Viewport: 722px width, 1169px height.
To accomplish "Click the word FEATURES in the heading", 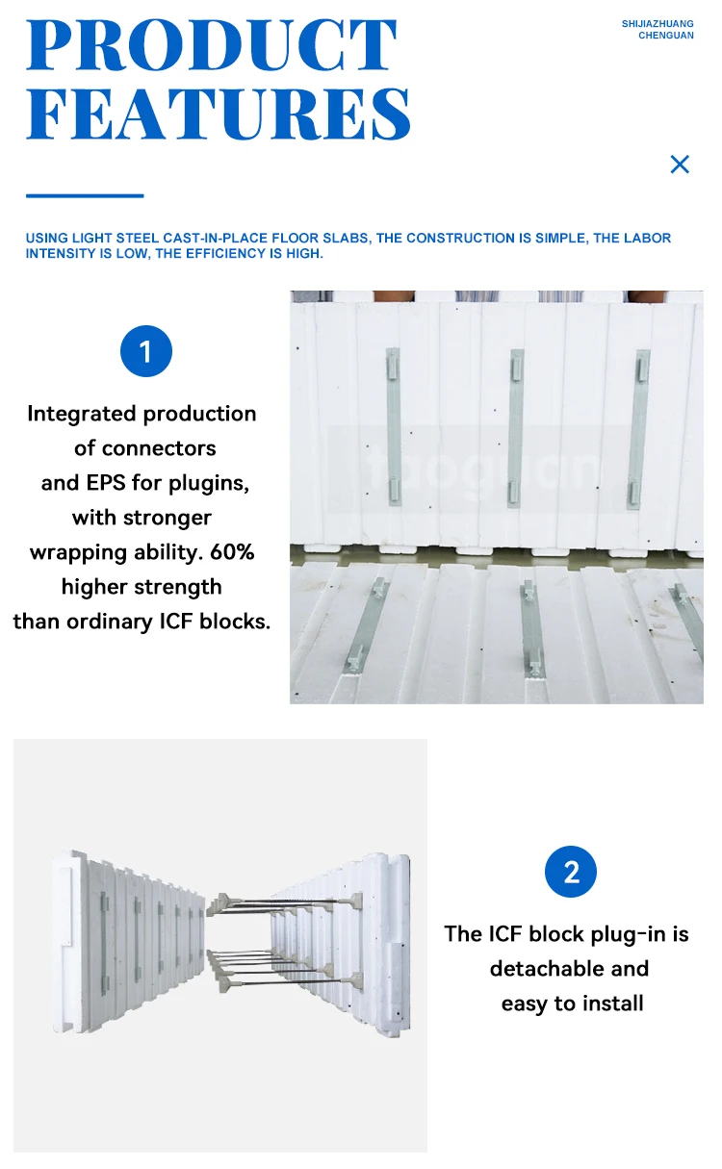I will (x=219, y=114).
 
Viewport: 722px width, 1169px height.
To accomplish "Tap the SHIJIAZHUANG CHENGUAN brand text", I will (x=658, y=30).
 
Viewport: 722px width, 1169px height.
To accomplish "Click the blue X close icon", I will (x=680, y=165).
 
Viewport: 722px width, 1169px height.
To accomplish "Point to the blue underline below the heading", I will (x=85, y=195).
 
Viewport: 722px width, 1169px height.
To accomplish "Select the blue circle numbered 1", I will (x=145, y=352).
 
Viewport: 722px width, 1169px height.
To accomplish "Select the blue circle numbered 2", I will (x=571, y=872).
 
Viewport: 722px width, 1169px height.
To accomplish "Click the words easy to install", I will (x=572, y=1004).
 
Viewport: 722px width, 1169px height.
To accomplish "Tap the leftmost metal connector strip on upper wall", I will (x=393, y=426).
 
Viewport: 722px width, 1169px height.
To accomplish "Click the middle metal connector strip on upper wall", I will (x=516, y=427).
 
